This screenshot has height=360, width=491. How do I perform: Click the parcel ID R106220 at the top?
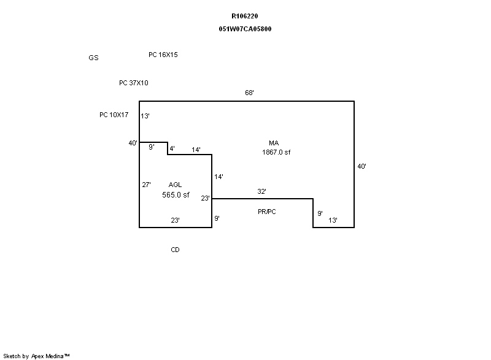coord(245,16)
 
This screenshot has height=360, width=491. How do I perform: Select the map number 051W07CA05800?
coord(245,29)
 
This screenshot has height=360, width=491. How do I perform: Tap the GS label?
coord(93,58)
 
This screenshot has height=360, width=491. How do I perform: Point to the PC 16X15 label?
coord(163,55)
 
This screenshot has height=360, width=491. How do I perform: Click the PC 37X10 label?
coord(134,83)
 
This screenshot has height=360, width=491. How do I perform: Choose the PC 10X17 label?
coord(114,115)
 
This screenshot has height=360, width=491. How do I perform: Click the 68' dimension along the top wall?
coord(249,93)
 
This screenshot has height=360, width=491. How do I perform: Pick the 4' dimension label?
coord(172,149)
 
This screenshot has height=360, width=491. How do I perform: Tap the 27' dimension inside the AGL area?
coord(147,185)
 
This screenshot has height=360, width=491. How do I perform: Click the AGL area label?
coord(176,185)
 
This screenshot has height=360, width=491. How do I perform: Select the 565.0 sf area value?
coord(176,194)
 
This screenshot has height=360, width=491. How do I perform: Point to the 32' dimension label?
coord(261,192)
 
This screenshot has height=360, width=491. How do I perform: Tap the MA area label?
coord(274,143)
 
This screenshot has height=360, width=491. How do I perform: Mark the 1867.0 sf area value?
coord(276,153)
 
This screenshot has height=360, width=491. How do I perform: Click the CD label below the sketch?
coord(176,250)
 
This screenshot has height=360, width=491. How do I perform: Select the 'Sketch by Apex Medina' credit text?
coord(37,356)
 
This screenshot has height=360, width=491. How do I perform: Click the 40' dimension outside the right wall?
coord(362,166)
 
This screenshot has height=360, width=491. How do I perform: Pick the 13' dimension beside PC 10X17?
coord(145,116)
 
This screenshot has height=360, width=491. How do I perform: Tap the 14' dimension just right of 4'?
coord(196,150)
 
